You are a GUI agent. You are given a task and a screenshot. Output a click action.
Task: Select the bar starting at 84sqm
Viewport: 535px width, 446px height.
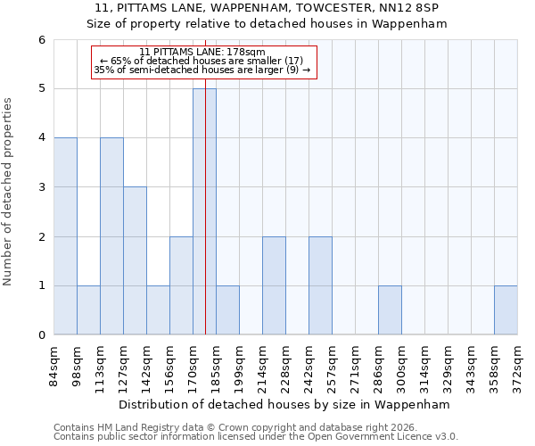tap(65, 236)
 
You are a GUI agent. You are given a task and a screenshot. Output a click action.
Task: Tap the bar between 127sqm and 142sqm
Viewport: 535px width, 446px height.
tap(135, 260)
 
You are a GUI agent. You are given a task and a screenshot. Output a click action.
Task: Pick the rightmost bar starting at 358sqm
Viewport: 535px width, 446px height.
tap(506, 310)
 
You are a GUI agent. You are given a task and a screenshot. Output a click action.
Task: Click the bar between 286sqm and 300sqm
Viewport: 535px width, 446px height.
tap(390, 310)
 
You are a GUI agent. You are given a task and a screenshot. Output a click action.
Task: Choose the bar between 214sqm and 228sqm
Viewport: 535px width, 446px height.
tap(274, 285)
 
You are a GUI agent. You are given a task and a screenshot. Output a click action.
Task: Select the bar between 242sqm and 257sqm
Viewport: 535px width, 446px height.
tap(320, 285)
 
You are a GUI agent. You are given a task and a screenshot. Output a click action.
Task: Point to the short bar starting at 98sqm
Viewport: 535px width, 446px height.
tap(88, 310)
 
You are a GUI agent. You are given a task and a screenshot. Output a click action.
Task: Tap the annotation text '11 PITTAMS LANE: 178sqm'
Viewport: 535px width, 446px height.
tap(203, 53)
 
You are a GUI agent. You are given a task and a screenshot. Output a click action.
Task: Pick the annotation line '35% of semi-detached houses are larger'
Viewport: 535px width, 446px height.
tap(202, 70)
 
